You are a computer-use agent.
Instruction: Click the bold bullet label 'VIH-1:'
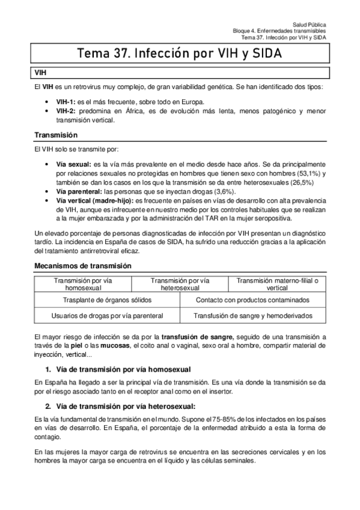click(64, 102)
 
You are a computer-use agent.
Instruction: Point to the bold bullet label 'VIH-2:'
click(64, 111)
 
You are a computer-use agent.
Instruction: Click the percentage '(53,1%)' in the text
click(310, 173)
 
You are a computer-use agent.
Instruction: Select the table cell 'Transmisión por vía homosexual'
click(83, 284)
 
